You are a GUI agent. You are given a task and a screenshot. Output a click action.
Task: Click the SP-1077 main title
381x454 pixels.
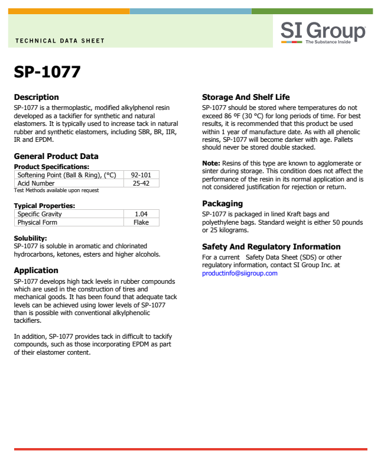point(47,72)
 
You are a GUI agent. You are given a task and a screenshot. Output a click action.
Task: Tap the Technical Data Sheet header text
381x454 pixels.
point(59,41)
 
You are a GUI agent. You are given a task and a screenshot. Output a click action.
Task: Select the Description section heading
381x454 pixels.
point(37,97)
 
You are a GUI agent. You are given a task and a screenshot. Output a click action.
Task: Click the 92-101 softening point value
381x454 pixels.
point(136,176)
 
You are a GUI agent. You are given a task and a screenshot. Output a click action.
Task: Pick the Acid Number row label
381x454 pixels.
point(36,183)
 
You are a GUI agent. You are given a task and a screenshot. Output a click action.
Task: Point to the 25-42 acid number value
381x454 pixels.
point(136,183)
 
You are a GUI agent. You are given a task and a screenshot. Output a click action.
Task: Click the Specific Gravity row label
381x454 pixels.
point(40,214)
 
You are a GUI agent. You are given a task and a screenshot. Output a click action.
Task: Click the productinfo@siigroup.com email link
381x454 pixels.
point(240,273)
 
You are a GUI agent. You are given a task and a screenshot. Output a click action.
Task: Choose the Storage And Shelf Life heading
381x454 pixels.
point(246,97)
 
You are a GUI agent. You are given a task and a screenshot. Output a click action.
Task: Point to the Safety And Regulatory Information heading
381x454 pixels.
point(271,247)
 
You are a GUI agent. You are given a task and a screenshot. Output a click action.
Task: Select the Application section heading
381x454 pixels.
point(36,270)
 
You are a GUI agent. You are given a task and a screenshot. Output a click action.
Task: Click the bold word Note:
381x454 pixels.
point(211,163)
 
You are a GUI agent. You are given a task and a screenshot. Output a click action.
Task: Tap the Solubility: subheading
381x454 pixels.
point(31,238)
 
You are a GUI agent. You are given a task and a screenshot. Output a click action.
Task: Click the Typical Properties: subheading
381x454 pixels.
point(45,206)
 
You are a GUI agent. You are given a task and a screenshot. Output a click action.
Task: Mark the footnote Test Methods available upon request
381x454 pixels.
point(57,190)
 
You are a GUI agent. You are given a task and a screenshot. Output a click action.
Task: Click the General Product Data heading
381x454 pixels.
point(56,157)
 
